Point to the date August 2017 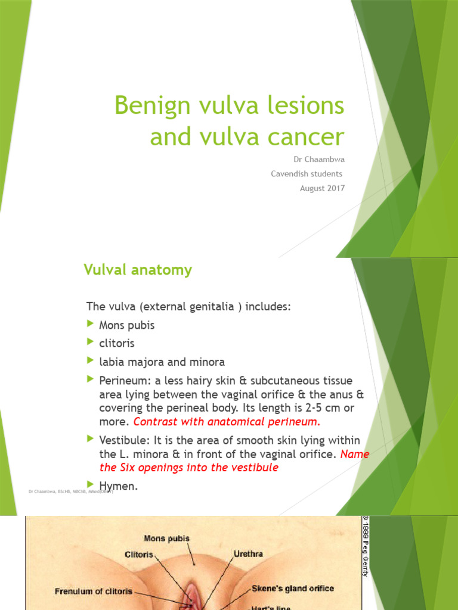tap(322, 188)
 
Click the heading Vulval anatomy tap(137, 270)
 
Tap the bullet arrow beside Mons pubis tap(91, 324)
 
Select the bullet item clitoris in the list tap(117, 343)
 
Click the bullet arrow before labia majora tap(91, 361)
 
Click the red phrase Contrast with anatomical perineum tap(227, 422)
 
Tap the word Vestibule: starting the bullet tap(123, 440)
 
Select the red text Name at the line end tap(356, 454)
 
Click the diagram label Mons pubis tap(166, 539)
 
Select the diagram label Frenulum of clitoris tap(94, 592)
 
